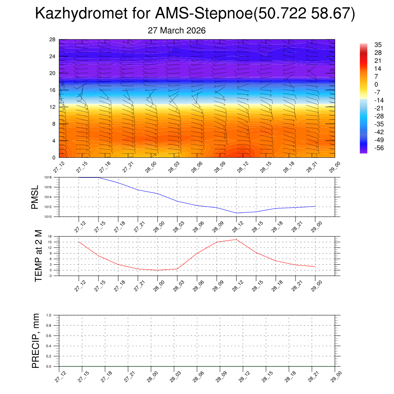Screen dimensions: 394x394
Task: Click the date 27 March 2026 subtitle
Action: pyautogui.click(x=177, y=30)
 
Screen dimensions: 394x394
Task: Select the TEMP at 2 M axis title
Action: pyautogui.click(x=38, y=256)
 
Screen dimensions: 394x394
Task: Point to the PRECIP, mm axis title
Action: pyautogui.click(x=36, y=341)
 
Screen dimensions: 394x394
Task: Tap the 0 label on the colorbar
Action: pyautogui.click(x=376, y=84)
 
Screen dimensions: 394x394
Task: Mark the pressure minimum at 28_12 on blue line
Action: pyautogui.click(x=236, y=213)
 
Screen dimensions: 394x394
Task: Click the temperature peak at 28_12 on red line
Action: pyautogui.click(x=236, y=239)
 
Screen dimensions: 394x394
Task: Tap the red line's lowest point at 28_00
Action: pyautogui.click(x=157, y=270)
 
